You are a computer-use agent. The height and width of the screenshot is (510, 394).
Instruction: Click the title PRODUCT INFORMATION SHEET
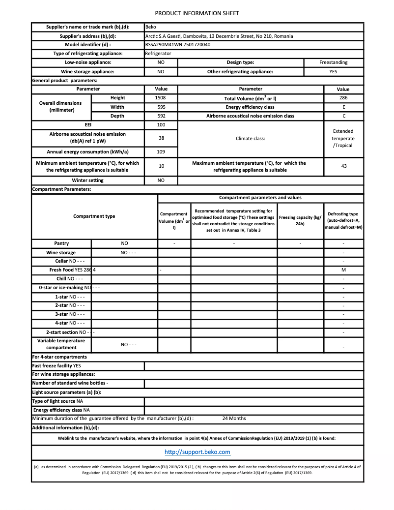197,13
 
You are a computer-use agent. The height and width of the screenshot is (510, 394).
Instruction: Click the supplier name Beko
151,27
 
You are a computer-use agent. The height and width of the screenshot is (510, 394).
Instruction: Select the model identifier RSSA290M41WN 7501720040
178,45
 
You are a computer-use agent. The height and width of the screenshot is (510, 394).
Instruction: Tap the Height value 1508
161,98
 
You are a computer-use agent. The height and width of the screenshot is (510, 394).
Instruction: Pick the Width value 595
161,107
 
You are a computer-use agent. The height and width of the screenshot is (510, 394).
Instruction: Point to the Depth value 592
161,116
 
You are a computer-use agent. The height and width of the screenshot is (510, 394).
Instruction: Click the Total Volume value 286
343,98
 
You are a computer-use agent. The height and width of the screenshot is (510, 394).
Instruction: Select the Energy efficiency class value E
343,107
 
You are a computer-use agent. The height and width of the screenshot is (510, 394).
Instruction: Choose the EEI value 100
161,125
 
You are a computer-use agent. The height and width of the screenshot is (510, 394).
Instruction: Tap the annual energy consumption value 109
161,151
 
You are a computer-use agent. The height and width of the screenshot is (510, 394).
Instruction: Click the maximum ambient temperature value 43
343,166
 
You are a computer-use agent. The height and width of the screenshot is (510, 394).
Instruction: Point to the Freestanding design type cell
333,62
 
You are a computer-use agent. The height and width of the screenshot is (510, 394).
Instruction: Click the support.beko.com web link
197,452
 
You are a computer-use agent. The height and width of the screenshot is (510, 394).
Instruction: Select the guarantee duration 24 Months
234,419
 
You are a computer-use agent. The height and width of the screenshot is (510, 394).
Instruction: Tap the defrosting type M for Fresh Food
343,270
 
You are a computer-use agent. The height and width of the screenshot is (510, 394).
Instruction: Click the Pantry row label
61,243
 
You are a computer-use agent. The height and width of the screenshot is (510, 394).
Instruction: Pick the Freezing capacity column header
300,220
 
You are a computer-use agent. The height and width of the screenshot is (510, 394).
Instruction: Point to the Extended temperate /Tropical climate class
343,138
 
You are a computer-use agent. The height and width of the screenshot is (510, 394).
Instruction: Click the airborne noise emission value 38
161,138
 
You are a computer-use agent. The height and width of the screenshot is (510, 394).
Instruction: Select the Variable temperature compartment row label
61,344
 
